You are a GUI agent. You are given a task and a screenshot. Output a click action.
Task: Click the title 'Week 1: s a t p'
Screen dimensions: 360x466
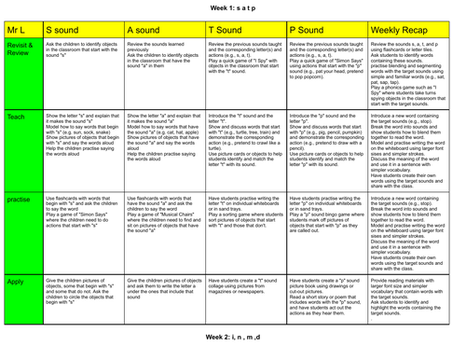(x=233, y=7)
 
